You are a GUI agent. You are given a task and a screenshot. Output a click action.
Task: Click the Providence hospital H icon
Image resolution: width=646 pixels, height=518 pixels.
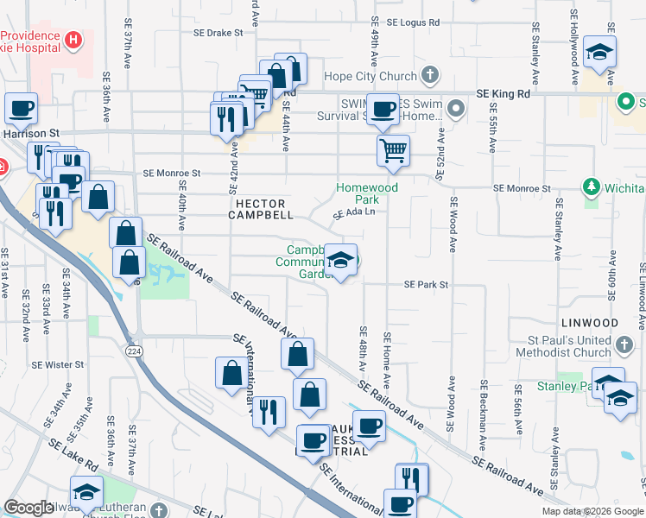point(73,40)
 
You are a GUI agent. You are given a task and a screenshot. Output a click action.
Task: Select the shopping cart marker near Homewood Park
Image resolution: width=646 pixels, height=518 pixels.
point(393,151)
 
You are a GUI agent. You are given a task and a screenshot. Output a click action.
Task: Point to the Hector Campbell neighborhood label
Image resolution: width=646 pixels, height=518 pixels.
point(261,210)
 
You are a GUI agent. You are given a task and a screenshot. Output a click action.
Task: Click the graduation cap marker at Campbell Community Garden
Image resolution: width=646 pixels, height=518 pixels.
point(341,261)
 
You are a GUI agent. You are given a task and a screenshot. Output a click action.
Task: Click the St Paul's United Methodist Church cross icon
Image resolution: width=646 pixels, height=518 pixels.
point(625,347)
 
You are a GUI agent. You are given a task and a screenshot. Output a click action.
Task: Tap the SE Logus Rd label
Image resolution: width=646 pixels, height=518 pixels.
point(414,22)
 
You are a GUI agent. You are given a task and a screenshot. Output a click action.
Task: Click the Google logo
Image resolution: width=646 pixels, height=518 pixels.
point(28,508)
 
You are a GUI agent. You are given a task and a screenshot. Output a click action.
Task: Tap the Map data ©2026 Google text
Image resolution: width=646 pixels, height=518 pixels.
point(592,511)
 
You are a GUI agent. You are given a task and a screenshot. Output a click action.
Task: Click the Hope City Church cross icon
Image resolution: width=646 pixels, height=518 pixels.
point(430,76)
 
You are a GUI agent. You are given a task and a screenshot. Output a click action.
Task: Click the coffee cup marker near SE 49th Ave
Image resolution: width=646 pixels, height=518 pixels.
point(385,109)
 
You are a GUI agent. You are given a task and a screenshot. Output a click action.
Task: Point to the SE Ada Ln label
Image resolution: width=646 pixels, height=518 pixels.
point(355,212)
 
